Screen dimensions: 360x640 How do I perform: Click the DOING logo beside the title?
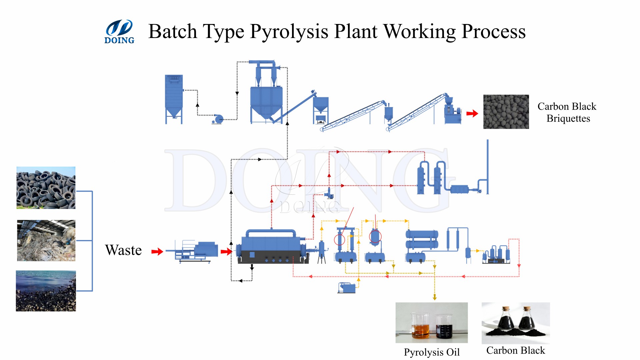click(119, 32)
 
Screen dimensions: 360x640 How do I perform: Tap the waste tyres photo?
click(46, 188)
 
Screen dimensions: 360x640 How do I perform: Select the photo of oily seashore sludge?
click(46, 291)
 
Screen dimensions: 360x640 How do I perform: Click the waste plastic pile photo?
click(46, 240)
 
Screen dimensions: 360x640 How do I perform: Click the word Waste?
click(123, 250)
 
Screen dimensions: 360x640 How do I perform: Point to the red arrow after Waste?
click(157, 251)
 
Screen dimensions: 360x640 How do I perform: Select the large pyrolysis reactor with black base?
click(272, 247)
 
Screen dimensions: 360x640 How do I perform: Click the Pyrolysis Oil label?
click(432, 352)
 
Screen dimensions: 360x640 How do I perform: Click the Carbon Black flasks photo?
click(515, 323)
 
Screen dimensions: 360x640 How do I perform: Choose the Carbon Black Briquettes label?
click(567, 112)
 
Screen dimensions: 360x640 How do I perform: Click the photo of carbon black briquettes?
click(506, 112)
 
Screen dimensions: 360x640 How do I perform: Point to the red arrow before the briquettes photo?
click(472, 114)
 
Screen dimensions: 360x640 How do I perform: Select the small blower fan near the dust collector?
click(218, 119)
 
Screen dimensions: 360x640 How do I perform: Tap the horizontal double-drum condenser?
click(422, 239)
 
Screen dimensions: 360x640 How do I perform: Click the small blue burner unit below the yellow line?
click(347, 288)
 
